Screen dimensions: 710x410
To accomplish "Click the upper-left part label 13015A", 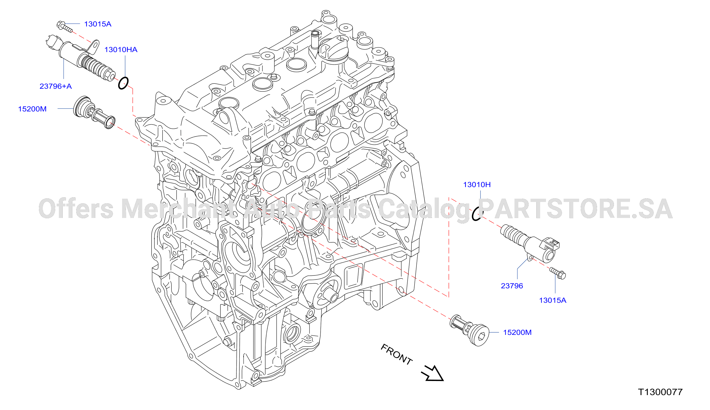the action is tap(98, 24).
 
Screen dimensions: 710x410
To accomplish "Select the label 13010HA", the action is tap(121, 49).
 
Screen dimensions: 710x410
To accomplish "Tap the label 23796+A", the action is tap(56, 86).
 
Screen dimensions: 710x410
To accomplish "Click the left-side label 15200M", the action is tap(32, 109).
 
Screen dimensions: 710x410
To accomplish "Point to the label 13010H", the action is tap(477, 185).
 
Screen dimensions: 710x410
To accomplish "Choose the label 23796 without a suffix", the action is tap(512, 286).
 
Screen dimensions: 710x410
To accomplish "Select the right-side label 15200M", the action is tap(517, 332).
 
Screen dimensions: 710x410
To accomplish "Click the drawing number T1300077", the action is tap(660, 392).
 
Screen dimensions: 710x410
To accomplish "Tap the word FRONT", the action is tap(397, 354).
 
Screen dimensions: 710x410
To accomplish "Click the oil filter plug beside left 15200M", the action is tap(94, 112).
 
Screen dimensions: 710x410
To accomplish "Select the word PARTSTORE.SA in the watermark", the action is tap(576, 209).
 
